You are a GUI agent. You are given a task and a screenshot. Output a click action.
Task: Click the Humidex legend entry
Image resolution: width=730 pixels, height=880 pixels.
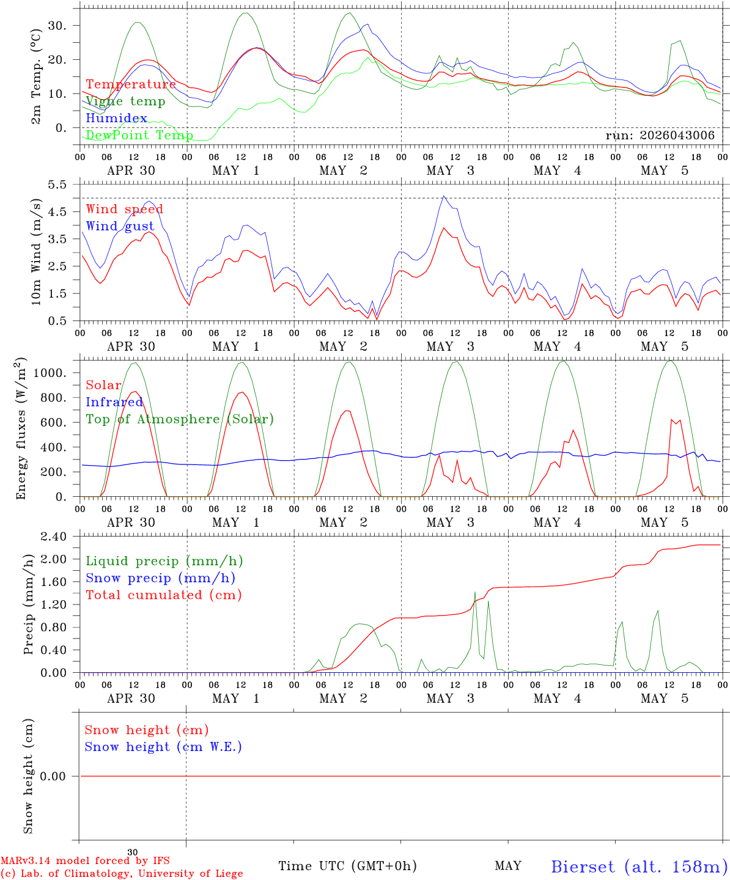(x=116, y=118)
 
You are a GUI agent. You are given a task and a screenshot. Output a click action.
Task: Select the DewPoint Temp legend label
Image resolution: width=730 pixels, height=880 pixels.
(x=139, y=135)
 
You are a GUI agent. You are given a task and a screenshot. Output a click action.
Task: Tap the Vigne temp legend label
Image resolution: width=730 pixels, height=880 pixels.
(x=125, y=101)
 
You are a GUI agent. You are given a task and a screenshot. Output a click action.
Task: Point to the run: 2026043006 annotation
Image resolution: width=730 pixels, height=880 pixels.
(x=660, y=135)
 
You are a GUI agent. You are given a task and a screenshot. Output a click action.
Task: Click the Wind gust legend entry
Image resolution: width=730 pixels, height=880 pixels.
(x=120, y=226)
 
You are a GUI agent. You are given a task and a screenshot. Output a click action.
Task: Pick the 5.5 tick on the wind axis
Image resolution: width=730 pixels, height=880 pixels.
(x=57, y=185)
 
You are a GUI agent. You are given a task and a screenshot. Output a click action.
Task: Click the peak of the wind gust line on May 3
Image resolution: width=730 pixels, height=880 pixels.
(x=444, y=196)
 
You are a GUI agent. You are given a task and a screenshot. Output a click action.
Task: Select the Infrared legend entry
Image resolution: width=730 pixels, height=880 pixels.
(x=114, y=402)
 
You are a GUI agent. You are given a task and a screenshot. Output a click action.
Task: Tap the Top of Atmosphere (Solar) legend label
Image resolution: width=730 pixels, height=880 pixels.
(x=180, y=419)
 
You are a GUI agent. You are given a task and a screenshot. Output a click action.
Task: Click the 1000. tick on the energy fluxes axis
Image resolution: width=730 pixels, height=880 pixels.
(x=50, y=373)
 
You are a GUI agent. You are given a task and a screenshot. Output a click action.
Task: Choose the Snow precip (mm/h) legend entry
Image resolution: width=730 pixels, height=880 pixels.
(x=160, y=578)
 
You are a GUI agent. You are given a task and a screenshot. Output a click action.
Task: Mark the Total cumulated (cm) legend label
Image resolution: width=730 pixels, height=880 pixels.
(x=164, y=595)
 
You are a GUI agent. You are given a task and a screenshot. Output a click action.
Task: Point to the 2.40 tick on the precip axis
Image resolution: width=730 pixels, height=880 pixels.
(x=54, y=537)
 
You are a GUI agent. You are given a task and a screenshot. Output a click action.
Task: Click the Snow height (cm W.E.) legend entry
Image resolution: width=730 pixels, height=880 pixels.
(x=163, y=747)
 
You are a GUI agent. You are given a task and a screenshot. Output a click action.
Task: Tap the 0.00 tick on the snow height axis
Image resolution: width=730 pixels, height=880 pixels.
(x=53, y=776)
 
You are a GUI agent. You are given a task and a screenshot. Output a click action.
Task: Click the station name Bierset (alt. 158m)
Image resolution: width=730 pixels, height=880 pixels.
(x=636, y=863)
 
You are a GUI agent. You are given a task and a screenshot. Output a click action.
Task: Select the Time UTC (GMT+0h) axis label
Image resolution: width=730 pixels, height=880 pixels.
(x=347, y=862)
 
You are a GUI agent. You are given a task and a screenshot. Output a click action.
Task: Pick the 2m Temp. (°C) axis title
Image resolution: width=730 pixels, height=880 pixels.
(x=36, y=77)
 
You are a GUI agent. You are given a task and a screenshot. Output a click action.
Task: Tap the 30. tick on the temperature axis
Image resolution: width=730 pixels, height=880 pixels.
(x=57, y=26)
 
